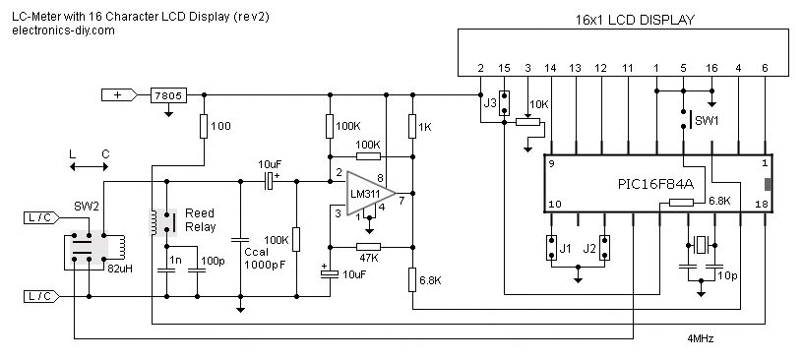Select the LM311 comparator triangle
click(370, 191)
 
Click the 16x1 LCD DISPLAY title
click(634, 20)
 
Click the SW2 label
click(87, 208)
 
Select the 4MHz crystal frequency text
click(700, 338)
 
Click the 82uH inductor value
click(120, 267)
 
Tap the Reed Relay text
click(200, 219)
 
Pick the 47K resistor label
click(368, 258)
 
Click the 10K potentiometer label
click(538, 104)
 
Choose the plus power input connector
click(122, 95)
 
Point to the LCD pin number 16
click(711, 67)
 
